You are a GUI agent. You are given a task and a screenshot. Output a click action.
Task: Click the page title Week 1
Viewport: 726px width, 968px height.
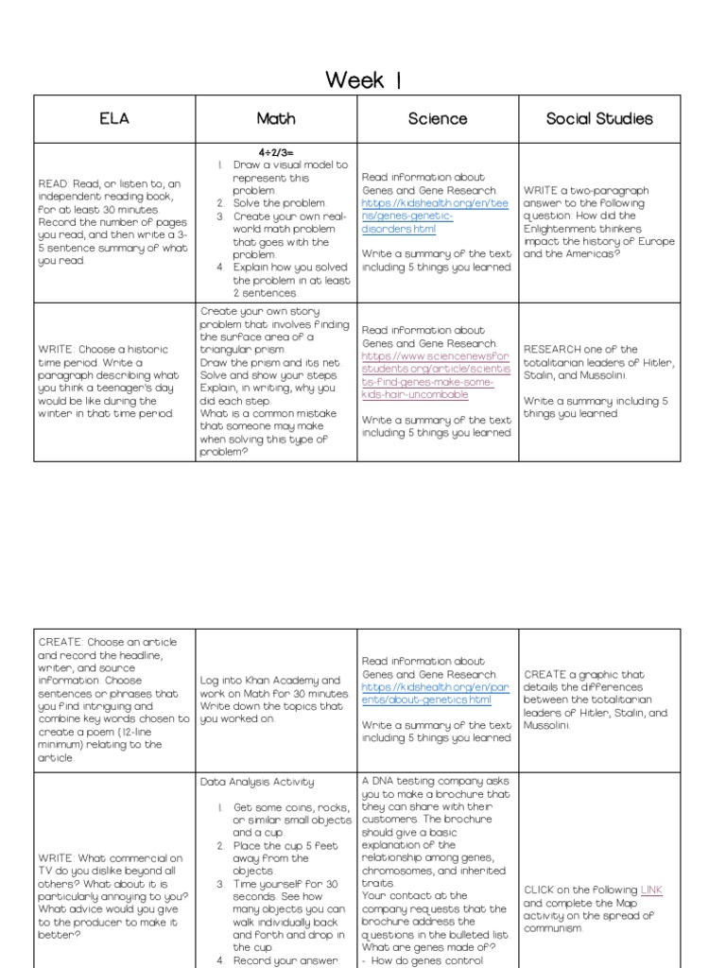[363, 79]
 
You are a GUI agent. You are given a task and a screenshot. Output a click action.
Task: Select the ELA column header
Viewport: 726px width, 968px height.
[114, 118]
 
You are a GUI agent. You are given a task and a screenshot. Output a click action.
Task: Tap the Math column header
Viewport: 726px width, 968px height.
[276, 118]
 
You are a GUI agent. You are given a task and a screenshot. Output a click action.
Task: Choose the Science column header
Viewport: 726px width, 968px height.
[437, 118]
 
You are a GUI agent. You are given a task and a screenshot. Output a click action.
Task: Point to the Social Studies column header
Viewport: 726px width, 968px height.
[599, 118]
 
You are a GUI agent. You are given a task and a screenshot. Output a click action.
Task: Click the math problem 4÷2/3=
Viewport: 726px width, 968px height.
[276, 151]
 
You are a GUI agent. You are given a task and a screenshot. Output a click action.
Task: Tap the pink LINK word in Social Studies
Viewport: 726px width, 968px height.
[653, 890]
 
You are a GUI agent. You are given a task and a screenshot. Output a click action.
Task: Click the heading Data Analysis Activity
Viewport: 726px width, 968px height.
[257, 782]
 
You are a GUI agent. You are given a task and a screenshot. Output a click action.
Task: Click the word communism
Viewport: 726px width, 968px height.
[560, 927]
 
